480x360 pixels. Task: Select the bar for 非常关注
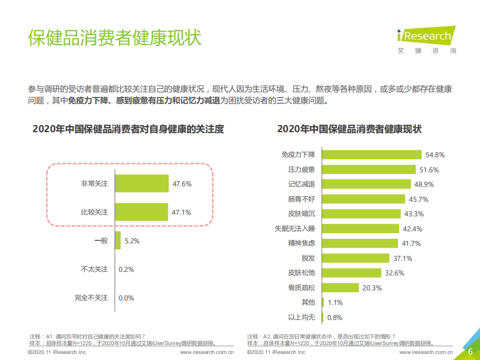tap(141, 183)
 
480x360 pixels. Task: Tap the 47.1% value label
tap(181, 212)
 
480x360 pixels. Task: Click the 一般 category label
tap(101, 241)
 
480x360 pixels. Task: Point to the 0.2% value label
tap(126, 269)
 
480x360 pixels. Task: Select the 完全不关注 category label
tap(91, 297)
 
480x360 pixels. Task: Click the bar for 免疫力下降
tap(371, 155)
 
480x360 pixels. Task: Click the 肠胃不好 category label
tap(302, 199)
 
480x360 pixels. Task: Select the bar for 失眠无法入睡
tap(360, 229)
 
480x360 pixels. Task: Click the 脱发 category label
tap(308, 258)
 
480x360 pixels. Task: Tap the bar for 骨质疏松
tap(340, 287)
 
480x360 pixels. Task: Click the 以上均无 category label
tap(302, 317)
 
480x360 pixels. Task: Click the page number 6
tap(470, 352)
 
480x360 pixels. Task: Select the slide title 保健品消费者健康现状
tap(115, 38)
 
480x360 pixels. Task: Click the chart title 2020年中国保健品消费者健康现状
tap(349, 129)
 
